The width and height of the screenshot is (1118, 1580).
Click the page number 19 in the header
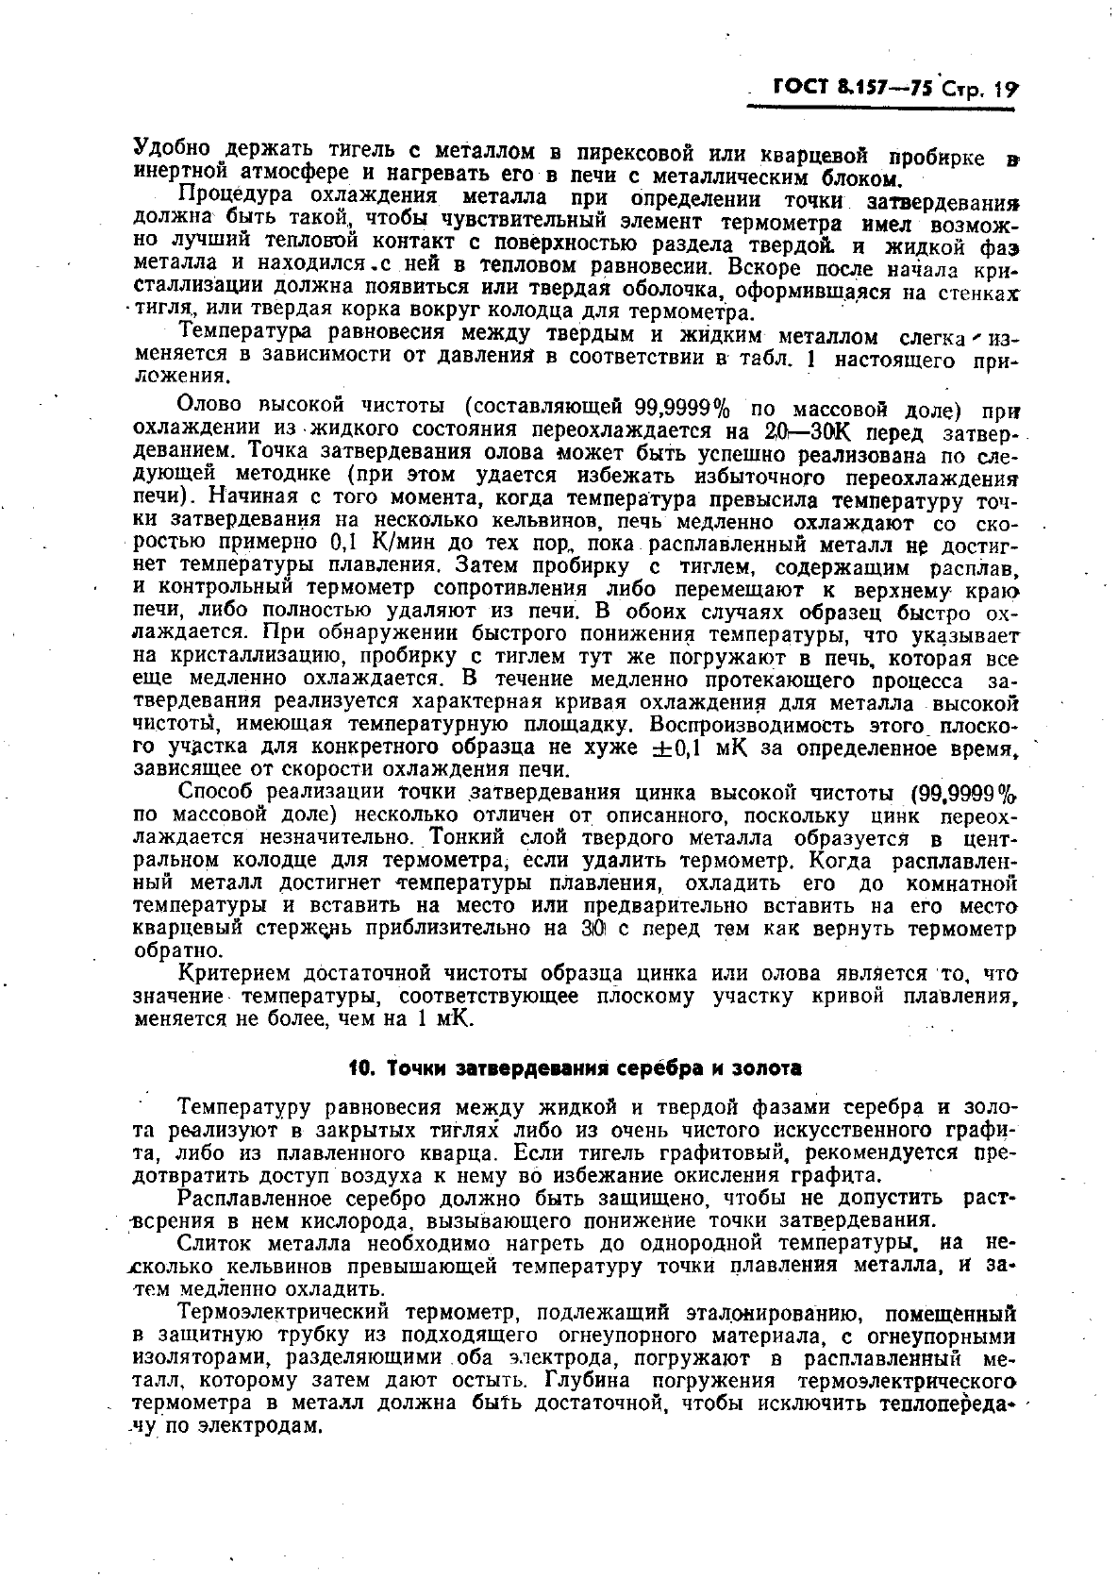[x=1008, y=91]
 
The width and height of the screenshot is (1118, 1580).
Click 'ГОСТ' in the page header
[x=801, y=89]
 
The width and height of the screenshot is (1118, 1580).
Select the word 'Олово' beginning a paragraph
[x=213, y=408]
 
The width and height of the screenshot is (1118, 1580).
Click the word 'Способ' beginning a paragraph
[x=216, y=793]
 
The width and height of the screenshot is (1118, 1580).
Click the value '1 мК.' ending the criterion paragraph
[x=445, y=1019]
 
